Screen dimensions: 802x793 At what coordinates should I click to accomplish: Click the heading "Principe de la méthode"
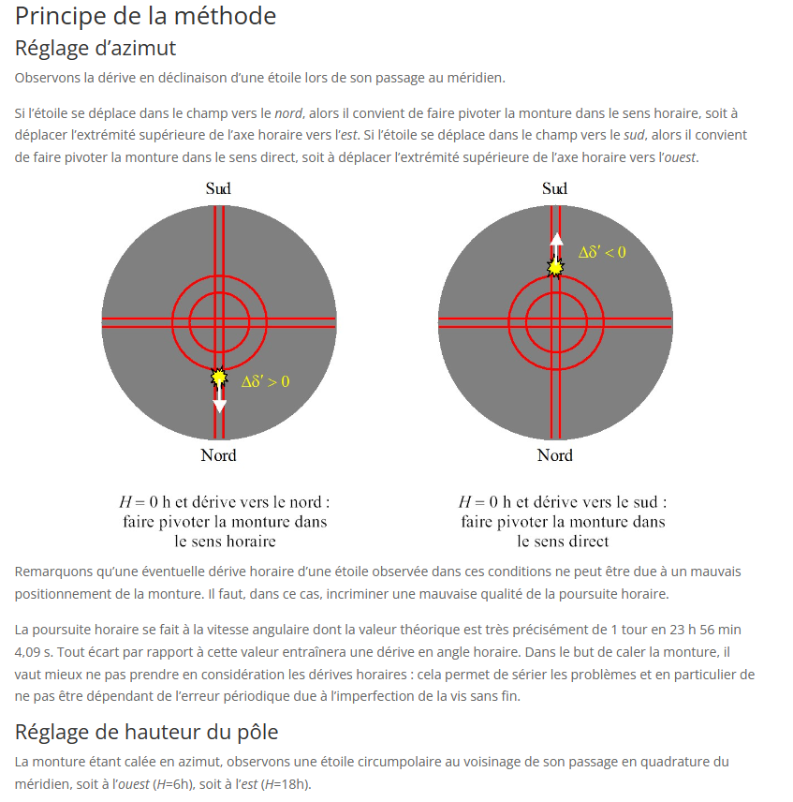[x=145, y=16]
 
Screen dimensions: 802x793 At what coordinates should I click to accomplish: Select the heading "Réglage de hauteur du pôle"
[x=146, y=732]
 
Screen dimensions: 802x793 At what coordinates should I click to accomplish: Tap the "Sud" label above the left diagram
[x=218, y=189]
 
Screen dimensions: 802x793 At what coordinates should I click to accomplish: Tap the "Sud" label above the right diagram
[x=554, y=189]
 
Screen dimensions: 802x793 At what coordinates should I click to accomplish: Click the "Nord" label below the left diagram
[x=218, y=455]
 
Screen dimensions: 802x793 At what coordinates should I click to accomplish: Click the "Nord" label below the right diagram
[x=554, y=455]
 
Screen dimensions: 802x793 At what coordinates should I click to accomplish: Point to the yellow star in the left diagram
[x=219, y=378]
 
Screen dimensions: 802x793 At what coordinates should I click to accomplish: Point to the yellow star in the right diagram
[x=556, y=268]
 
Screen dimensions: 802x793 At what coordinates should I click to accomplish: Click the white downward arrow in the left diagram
[x=219, y=403]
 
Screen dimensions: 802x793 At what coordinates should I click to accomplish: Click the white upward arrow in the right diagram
[x=556, y=242]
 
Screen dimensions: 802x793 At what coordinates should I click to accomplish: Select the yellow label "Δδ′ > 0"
[x=265, y=381]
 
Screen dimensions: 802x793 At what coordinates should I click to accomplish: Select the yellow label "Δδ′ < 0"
[x=602, y=252]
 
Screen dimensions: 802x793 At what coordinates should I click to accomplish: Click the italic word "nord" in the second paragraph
[x=288, y=113]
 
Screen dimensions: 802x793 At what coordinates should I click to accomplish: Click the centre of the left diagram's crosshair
[x=219, y=322]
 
